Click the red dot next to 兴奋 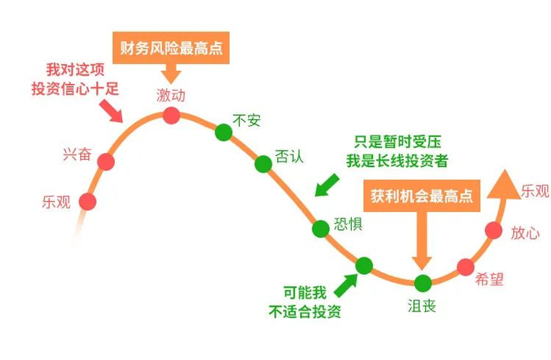(105, 162)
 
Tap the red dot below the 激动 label (171, 117)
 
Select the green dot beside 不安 (224, 132)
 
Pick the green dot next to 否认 (263, 163)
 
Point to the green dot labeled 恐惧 (320, 228)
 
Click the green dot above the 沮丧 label (423, 282)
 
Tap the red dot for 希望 (466, 266)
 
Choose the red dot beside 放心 (494, 230)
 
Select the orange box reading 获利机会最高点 (423, 196)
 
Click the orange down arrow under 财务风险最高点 (171, 75)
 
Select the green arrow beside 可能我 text (343, 281)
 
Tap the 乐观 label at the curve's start (57, 202)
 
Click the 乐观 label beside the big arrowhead (536, 191)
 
